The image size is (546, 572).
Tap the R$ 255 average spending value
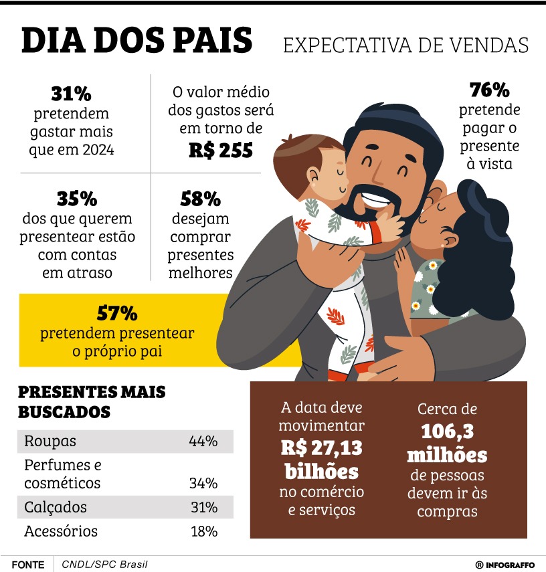220,151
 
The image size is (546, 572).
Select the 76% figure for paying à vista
490,90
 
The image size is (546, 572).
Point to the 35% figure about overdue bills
76,199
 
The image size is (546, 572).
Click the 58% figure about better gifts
200,199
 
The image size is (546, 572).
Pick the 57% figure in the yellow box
117,312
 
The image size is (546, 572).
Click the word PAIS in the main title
211,41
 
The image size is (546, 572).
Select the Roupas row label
50,442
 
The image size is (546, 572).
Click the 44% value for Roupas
203,442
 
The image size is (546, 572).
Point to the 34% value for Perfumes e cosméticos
203,483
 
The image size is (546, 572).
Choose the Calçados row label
56,507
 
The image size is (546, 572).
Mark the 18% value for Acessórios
203,531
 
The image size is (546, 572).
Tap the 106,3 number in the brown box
448,432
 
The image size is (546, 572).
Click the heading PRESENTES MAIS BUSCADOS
91,401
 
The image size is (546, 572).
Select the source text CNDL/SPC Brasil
104,564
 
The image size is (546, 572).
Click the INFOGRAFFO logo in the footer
505,565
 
